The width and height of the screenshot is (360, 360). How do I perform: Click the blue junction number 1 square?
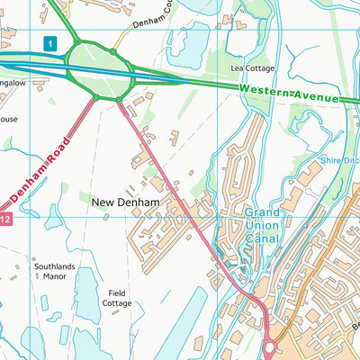point(52,42)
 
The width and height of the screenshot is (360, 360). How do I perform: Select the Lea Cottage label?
point(253,68)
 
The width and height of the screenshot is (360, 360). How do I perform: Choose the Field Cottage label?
point(117,298)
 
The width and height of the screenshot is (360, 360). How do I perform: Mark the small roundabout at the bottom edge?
point(270,346)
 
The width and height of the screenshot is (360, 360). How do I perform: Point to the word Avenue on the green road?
point(318,95)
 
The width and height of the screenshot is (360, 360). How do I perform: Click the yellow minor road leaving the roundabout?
point(135,31)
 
